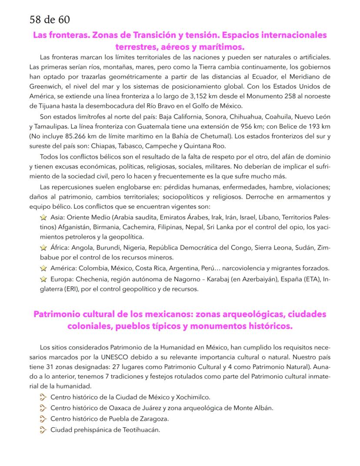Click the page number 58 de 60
coord(49,20)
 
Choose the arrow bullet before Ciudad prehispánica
coord(43,430)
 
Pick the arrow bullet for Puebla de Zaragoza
coord(43,419)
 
